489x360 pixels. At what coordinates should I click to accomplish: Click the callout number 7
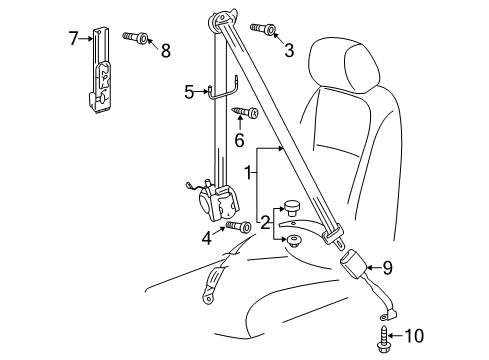[73, 38]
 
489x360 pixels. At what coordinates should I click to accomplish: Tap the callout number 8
[166, 50]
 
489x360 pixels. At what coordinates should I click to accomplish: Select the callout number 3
[289, 50]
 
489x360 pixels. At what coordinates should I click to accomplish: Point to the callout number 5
[189, 92]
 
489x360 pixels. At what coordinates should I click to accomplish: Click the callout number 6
[239, 140]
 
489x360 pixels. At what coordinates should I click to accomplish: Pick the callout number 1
[248, 173]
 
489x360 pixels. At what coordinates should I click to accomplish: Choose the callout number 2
[265, 223]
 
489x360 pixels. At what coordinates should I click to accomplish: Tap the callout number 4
[207, 238]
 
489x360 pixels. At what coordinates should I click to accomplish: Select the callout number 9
[387, 268]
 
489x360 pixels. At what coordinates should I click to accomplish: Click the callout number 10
[414, 336]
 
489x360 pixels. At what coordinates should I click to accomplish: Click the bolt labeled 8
[136, 37]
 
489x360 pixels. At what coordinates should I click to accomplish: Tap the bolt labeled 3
[263, 28]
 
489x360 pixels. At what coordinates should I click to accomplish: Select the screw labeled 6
[246, 112]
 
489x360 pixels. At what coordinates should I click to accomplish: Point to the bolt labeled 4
[238, 226]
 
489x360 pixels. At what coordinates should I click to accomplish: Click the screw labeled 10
[383, 339]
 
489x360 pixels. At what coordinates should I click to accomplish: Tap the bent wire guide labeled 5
[223, 89]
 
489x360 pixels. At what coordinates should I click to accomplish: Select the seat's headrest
[344, 64]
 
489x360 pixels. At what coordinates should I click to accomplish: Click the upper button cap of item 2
[291, 208]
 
